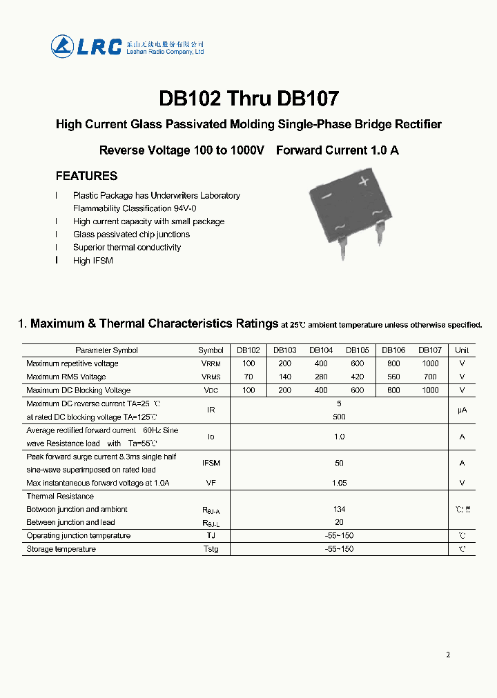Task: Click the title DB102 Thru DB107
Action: (x=248, y=99)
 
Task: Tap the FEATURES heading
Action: (x=86, y=176)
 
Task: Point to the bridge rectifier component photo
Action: (x=345, y=213)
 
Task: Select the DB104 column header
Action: (x=321, y=350)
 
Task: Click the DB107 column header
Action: (x=430, y=350)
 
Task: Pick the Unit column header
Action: (x=462, y=350)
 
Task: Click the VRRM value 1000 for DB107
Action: (x=430, y=363)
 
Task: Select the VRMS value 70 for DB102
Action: (x=248, y=377)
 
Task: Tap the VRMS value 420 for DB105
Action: (x=357, y=377)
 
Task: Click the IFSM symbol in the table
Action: (x=211, y=463)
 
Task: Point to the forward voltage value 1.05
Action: (x=339, y=483)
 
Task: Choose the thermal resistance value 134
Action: (x=339, y=509)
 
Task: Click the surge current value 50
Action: (x=339, y=463)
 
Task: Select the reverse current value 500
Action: (x=339, y=417)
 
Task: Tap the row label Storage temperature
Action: (x=61, y=549)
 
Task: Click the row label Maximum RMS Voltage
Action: (x=66, y=377)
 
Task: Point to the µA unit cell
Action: (x=462, y=410)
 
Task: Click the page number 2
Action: (x=448, y=655)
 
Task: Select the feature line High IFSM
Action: (x=92, y=261)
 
